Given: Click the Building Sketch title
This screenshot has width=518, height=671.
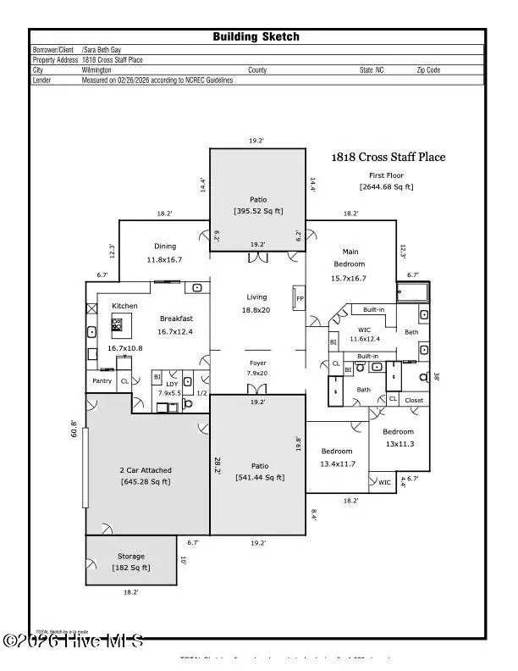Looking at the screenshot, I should (x=256, y=36).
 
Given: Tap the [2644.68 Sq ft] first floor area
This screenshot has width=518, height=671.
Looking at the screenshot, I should (x=386, y=186).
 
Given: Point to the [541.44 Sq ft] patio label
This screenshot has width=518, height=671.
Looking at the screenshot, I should (x=259, y=478).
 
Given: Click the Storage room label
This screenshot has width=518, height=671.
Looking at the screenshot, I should (x=131, y=556).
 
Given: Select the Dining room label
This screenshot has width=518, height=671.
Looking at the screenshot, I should (x=165, y=247).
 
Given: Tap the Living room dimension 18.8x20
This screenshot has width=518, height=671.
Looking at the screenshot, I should (x=256, y=310).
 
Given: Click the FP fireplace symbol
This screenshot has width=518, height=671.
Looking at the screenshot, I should (x=299, y=298).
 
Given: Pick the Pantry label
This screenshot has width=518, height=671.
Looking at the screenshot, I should (x=102, y=381).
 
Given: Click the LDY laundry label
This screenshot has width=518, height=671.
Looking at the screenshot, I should (x=170, y=383).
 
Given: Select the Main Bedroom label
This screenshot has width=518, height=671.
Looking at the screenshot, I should (x=351, y=252).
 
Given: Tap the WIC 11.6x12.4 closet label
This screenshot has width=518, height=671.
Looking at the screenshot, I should (x=364, y=339).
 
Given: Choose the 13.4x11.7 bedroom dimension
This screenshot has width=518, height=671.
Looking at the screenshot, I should (x=338, y=463).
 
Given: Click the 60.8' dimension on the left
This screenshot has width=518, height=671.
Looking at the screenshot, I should (x=74, y=430).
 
